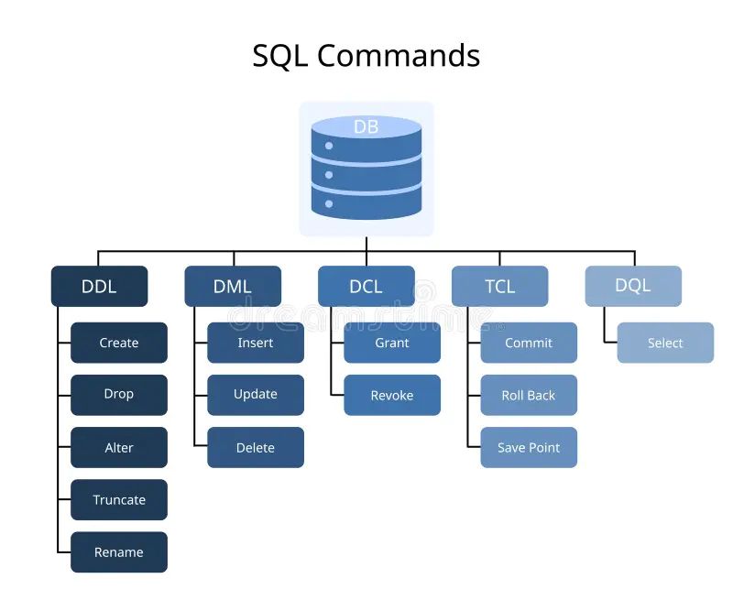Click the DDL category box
pos(99,286)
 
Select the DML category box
pos(232,286)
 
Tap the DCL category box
pos(366,286)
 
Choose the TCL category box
pos(499,286)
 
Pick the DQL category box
pos(633,286)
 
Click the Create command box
pos(119,343)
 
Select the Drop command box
pos(119,395)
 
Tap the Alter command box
pos(119,447)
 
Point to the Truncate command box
pos(119,499)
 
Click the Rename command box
pos(119,552)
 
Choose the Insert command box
pos(256,343)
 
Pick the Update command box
pos(256,395)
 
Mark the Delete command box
pos(256,447)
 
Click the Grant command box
pos(392,343)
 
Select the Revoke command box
pos(392,395)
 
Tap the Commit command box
pos(529,343)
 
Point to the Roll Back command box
pos(529,395)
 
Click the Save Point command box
pos(529,447)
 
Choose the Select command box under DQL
pos(665,343)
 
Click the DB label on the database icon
pos(366,127)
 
